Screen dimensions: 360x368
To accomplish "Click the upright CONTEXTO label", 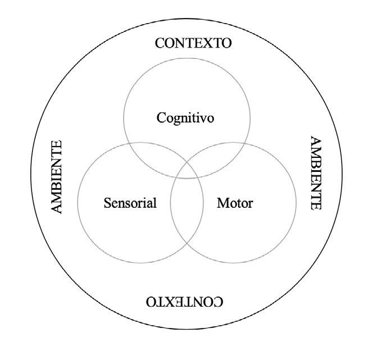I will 193,44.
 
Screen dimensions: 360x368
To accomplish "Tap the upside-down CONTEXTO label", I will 185,302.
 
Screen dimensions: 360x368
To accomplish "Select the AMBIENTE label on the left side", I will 56,176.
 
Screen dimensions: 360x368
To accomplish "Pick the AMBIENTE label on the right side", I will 316,173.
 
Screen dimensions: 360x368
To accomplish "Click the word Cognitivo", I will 186,118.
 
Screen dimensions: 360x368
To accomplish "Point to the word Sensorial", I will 130,203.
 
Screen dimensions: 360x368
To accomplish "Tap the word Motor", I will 235,203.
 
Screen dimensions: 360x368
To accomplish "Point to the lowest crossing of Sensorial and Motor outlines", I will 187,243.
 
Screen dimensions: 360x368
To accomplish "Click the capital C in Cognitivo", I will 162,118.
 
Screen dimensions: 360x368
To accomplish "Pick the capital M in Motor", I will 222,203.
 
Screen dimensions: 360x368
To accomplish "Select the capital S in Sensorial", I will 107,203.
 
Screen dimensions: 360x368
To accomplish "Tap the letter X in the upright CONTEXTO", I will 209,44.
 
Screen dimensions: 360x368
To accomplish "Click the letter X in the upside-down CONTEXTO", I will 169,302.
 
